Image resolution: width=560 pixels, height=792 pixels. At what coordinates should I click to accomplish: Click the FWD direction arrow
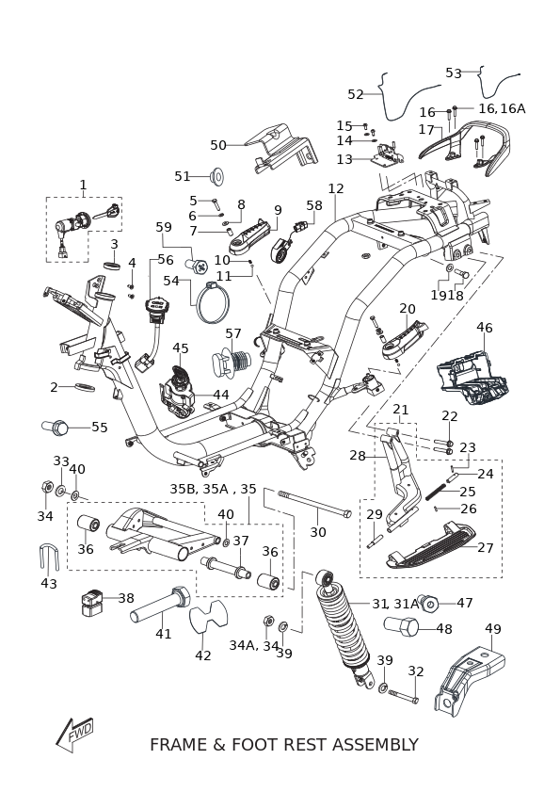pos(74,734)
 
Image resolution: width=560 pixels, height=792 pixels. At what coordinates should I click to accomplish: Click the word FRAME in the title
pos(179,745)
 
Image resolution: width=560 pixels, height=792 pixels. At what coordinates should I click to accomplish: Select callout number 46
pos(485,328)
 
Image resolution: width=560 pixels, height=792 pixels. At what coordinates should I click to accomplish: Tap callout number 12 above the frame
pos(336,188)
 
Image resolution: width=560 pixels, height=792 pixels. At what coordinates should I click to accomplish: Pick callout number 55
pos(100,428)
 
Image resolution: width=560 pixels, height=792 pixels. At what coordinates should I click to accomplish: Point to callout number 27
pos(485,547)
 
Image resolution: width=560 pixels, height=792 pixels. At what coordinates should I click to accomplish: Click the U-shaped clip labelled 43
pos(49,558)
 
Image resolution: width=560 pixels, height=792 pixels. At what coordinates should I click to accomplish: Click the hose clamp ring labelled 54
pos(213,303)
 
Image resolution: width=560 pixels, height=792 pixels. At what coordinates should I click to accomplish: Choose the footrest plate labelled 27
pos(430,546)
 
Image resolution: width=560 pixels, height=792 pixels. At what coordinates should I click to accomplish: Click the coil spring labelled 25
pos(435,492)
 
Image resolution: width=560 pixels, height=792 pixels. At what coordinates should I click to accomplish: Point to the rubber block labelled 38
pos(92,602)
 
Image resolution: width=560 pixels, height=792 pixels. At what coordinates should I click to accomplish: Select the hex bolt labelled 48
pos(402,627)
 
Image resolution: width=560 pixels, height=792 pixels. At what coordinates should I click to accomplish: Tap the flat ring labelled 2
pos(86,387)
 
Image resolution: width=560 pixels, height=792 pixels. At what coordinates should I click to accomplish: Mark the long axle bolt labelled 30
pos(314,502)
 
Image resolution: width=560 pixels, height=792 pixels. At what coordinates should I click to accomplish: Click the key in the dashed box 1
pos(107,212)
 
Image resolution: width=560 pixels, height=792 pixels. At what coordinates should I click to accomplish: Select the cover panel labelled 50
pos(281,149)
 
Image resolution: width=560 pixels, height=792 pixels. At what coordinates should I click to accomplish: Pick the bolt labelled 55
pos(55,428)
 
